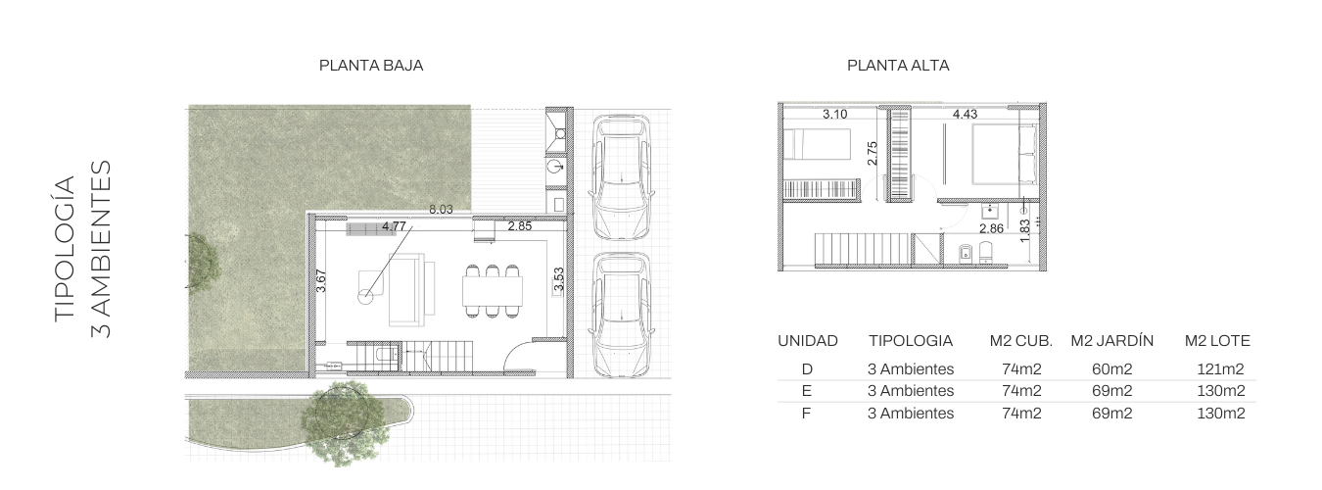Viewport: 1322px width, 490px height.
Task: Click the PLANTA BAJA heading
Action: coord(371,66)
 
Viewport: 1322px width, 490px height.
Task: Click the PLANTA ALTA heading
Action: coord(898,66)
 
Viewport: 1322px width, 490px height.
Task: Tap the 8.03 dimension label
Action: coord(441,209)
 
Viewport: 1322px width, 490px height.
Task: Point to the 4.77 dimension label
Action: coord(394,226)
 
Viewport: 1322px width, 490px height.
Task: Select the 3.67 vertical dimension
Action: coord(321,280)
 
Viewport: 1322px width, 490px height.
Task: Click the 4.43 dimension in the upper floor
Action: coord(965,115)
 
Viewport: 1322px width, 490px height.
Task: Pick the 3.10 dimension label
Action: coord(835,115)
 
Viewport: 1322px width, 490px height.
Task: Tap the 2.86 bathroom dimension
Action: coord(991,228)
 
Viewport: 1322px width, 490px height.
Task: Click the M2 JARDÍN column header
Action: coord(1111,341)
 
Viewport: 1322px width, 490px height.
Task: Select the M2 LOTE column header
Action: coord(1217,341)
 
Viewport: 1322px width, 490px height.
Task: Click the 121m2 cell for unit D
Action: coord(1220,369)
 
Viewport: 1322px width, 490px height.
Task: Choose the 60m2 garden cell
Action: coord(1111,369)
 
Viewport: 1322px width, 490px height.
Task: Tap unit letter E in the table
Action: coord(807,391)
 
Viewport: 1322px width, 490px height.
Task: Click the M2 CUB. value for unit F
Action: coord(1021,413)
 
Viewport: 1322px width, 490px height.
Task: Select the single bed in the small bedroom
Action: coord(818,145)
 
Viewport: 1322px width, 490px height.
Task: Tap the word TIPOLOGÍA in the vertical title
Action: coord(65,249)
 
